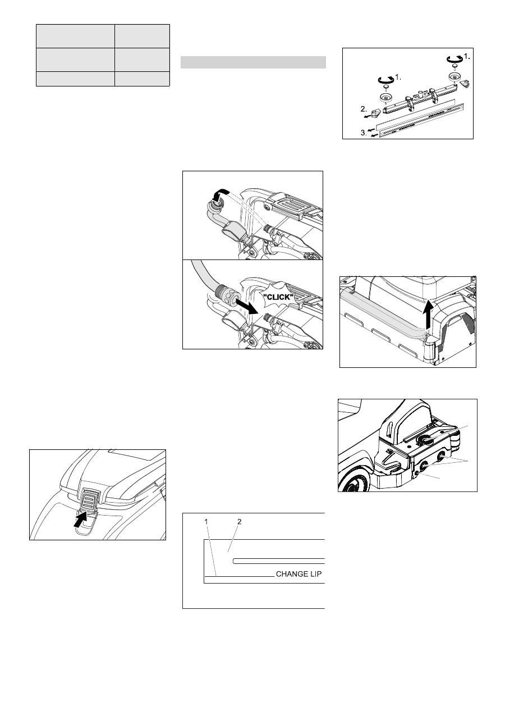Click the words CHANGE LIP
[299, 574]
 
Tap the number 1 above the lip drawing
[206, 522]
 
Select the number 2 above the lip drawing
[239, 522]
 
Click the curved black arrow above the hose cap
[220, 194]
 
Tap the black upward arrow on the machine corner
[429, 314]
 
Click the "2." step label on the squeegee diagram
[364, 109]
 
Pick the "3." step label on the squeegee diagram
[364, 133]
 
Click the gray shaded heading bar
[253, 62]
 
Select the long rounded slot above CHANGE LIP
[279, 561]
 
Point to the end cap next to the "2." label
[377, 112]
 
